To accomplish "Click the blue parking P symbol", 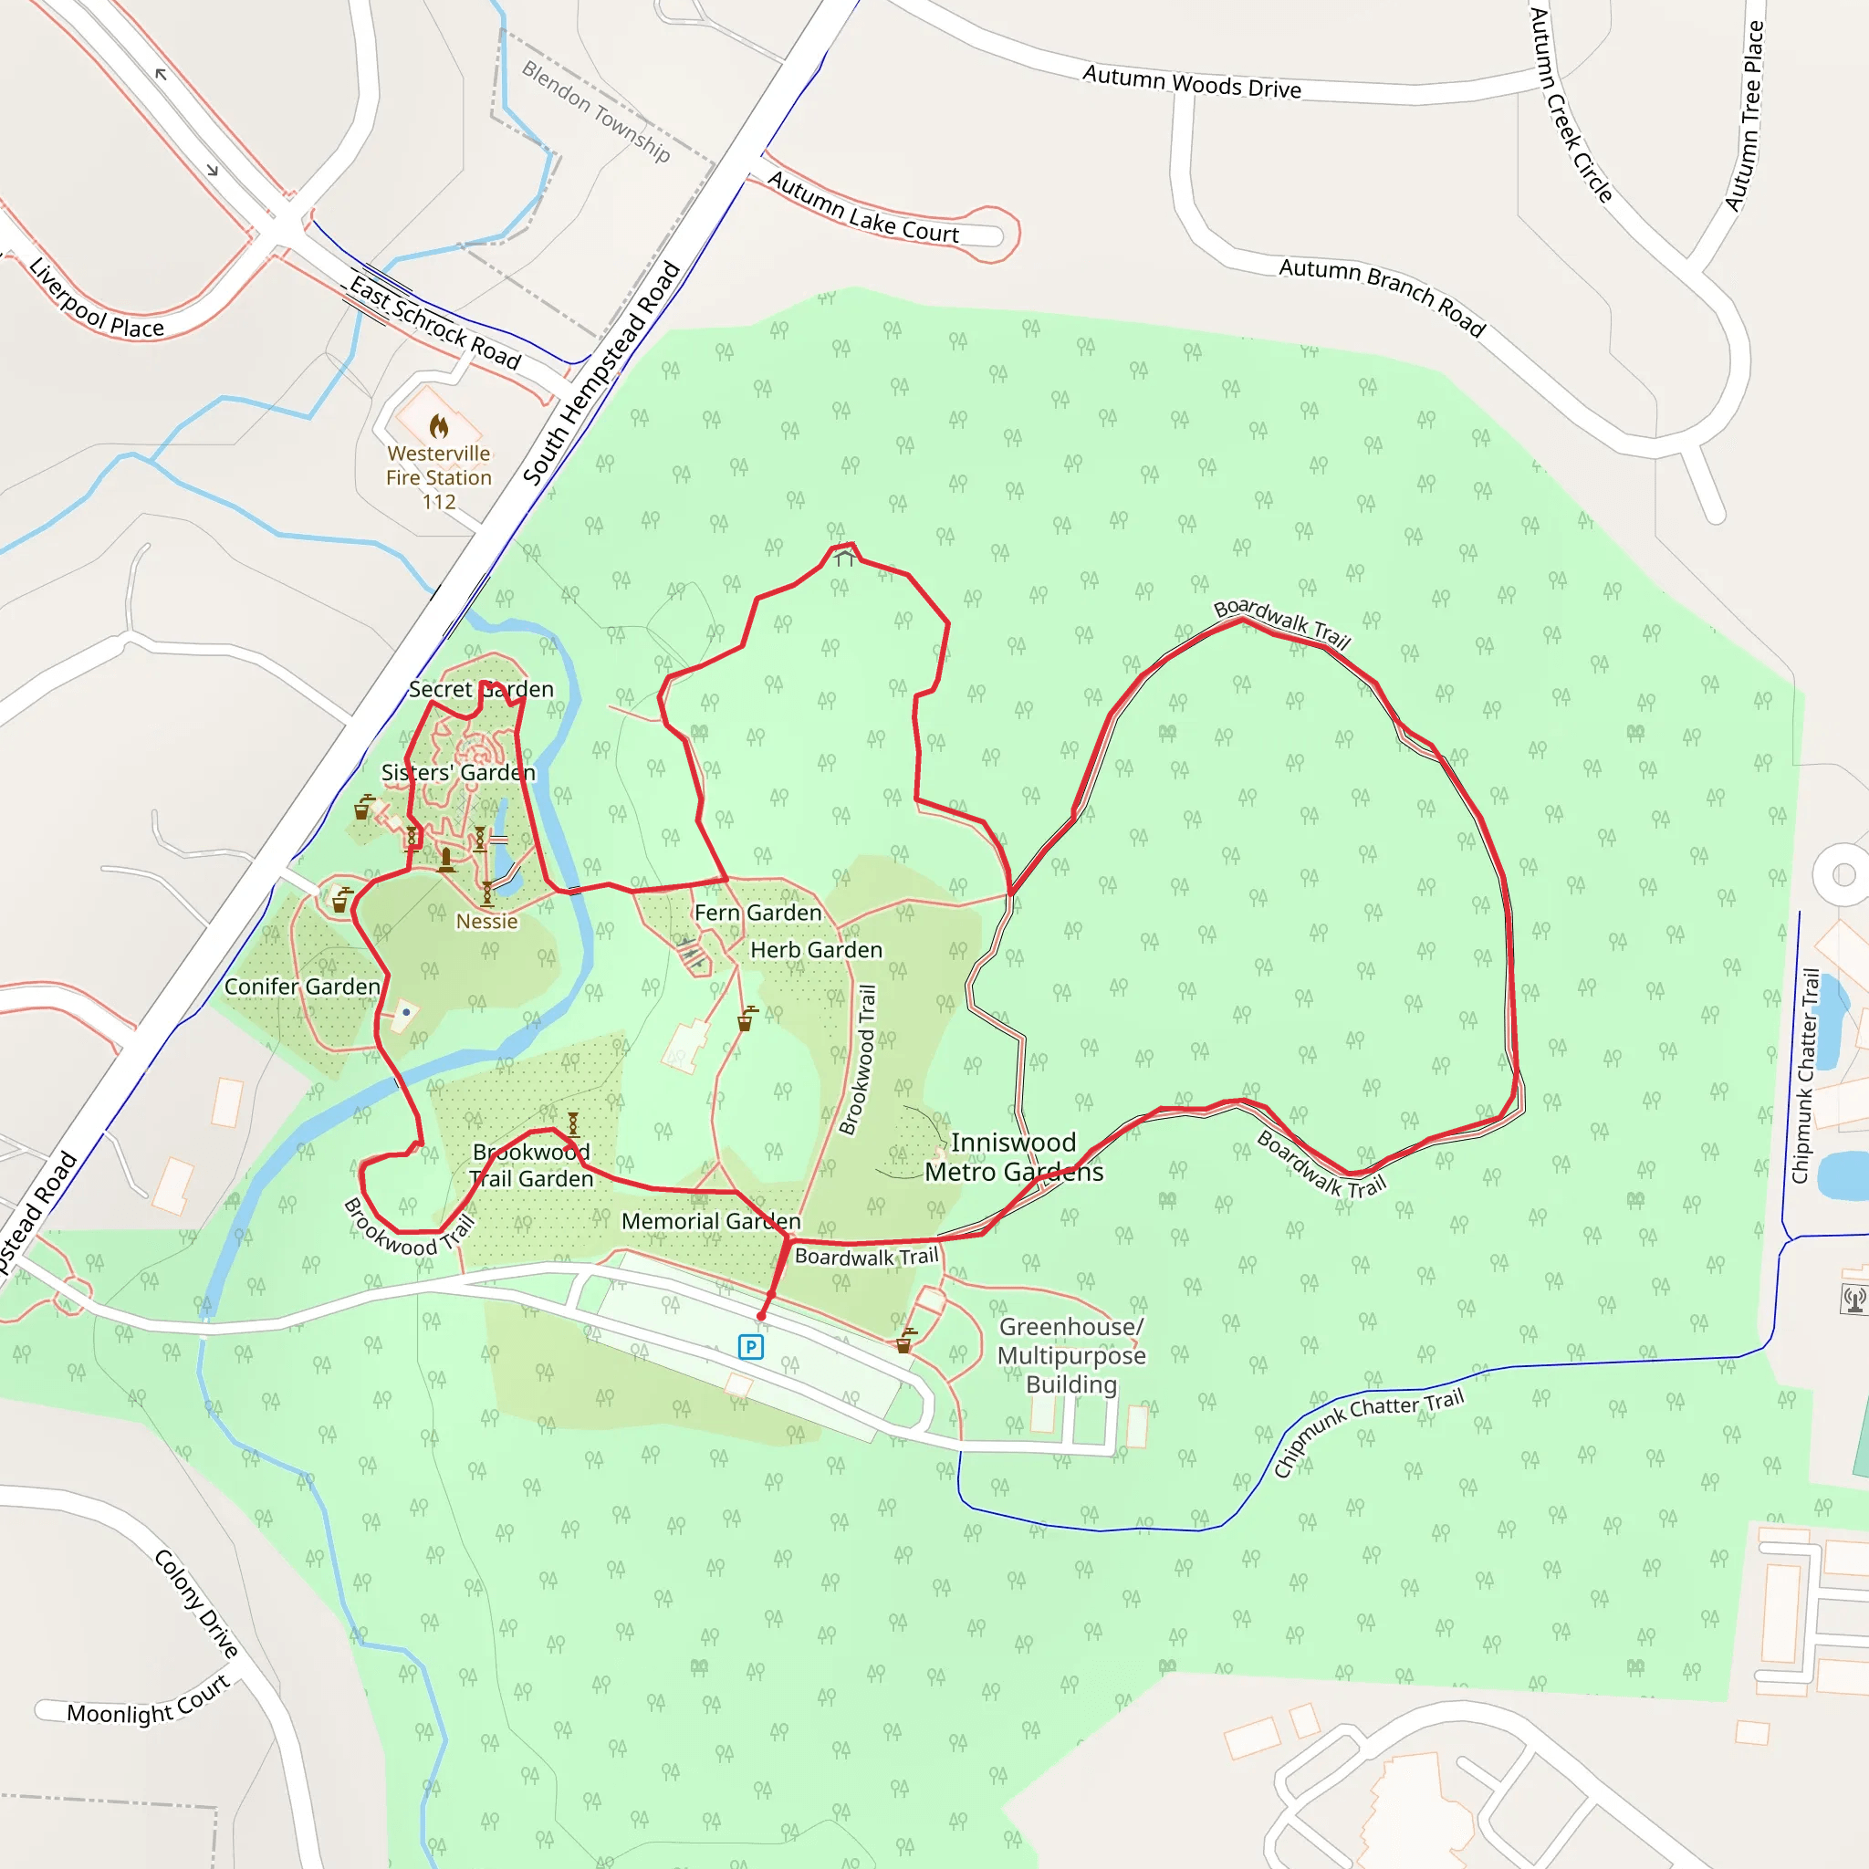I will (751, 1347).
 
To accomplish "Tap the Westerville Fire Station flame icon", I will (439, 425).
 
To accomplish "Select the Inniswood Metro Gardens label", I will (1013, 1157).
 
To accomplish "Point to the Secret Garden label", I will (481, 689).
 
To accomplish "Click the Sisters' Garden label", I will (457, 772).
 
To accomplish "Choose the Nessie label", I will (486, 921).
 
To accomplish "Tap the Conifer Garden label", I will (303, 986).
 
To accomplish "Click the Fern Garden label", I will (757, 913).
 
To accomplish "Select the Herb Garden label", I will (817, 950).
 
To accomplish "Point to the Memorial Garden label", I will (711, 1221).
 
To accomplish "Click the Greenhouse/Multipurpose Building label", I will (1072, 1355).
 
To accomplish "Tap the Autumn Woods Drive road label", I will (1192, 82).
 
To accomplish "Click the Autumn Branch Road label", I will (1383, 296).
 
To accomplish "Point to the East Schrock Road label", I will (435, 322).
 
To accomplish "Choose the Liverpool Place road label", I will (96, 300).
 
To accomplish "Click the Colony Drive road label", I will (196, 1603).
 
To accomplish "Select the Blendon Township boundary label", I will (596, 110).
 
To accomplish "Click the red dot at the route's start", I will (761, 1316).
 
